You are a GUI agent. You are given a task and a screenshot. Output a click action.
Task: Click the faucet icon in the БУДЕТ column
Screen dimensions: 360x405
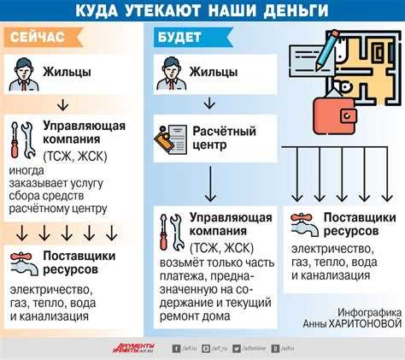point(301,225)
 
